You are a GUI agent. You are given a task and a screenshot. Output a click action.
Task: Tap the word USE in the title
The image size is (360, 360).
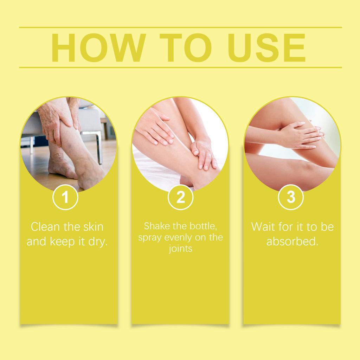tap(266, 47)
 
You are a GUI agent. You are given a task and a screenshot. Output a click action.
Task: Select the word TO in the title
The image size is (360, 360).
tap(186, 47)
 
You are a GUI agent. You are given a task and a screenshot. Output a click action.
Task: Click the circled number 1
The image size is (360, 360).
tap(65, 197)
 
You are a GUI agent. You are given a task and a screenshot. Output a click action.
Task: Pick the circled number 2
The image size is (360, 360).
tap(180, 197)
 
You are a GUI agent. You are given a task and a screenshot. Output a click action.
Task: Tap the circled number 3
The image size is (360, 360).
tap(291, 197)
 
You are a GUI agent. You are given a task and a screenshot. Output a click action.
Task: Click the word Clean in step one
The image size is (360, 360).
tap(45, 227)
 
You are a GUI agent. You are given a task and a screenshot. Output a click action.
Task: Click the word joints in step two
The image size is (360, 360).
tap(180, 249)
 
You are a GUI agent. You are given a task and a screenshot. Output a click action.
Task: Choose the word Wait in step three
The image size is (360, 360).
tap(263, 227)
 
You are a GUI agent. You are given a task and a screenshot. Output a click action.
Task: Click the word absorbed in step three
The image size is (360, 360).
tap(292, 242)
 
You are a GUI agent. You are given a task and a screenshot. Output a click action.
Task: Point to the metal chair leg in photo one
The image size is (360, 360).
tap(99, 147)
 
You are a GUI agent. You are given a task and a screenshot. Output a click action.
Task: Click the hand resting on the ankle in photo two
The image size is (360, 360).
tap(204, 154)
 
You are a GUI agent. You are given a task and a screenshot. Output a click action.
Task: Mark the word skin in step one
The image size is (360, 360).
tap(93, 227)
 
